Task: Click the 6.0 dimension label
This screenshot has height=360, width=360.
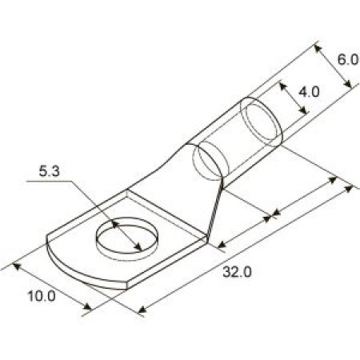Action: [x=348, y=59]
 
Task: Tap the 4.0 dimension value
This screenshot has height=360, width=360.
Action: [x=309, y=92]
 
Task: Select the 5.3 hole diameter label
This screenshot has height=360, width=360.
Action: [x=50, y=171]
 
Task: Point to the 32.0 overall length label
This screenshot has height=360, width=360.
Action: [x=237, y=272]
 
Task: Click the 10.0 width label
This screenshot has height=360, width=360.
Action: [x=42, y=296]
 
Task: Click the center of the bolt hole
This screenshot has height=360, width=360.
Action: [x=127, y=235]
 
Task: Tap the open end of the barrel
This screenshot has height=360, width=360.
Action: [x=262, y=122]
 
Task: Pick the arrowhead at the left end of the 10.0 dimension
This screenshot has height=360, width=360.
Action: [x=17, y=266]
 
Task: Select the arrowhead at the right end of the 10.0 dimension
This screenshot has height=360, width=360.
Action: [x=87, y=306]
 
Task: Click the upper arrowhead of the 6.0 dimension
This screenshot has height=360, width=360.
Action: [x=318, y=49]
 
